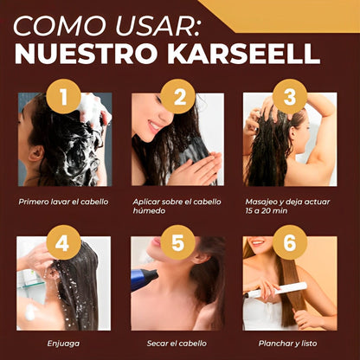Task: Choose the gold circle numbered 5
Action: pos(177,243)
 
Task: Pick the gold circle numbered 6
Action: pos(290,243)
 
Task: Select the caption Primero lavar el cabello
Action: pos(64,201)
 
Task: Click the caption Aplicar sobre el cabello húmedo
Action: pos(177,205)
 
